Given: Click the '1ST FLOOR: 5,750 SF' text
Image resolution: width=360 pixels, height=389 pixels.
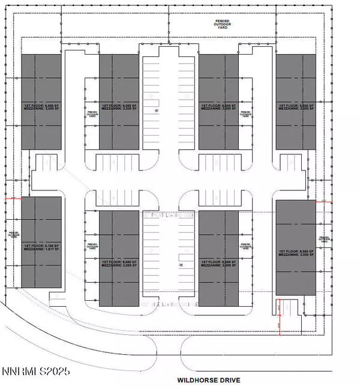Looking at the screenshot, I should [41, 246].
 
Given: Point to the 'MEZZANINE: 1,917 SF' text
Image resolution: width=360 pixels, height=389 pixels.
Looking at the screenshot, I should [41, 251].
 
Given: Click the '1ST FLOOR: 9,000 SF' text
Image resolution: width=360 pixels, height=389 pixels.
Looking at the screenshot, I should [295, 251].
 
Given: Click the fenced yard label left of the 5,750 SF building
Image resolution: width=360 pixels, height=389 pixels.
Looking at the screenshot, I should [13, 233].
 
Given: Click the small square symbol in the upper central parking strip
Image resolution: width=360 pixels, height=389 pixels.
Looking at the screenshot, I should [156, 111].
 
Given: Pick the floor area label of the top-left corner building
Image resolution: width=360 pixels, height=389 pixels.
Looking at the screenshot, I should [41, 106].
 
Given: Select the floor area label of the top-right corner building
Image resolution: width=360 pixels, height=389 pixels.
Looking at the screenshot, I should [295, 106].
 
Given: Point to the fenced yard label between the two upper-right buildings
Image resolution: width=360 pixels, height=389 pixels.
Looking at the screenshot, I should [245, 113].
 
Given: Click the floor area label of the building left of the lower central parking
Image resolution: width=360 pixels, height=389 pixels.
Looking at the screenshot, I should [118, 265].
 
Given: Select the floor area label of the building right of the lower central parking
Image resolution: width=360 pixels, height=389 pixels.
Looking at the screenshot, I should [217, 265].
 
